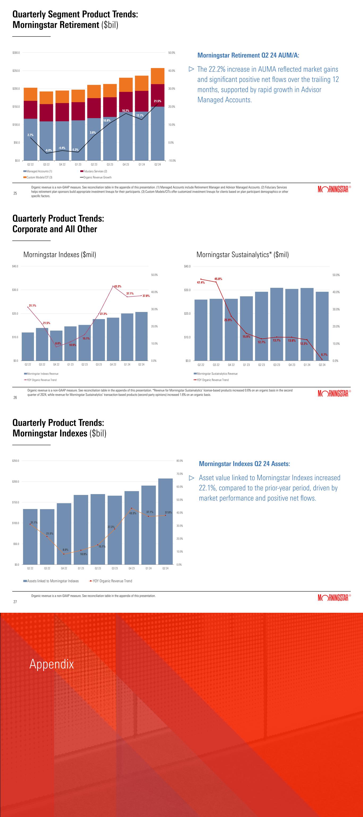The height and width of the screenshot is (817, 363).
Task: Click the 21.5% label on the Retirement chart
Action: click(x=157, y=101)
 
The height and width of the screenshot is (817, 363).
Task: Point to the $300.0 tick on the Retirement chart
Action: click(x=16, y=53)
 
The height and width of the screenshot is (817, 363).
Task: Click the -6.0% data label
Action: click(x=48, y=150)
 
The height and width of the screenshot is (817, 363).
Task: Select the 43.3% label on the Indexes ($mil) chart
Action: click(x=118, y=286)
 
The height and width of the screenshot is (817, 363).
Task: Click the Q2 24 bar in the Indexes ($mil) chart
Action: click(x=141, y=336)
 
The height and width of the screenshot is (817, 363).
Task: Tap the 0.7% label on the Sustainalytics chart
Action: click(x=324, y=355)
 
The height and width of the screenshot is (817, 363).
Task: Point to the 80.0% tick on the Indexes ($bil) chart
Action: click(x=180, y=461)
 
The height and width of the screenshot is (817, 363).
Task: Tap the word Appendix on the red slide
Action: click(x=52, y=664)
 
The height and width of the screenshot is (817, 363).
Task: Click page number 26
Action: click(x=15, y=397)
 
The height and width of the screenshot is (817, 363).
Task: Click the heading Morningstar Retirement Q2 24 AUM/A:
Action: click(x=248, y=55)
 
